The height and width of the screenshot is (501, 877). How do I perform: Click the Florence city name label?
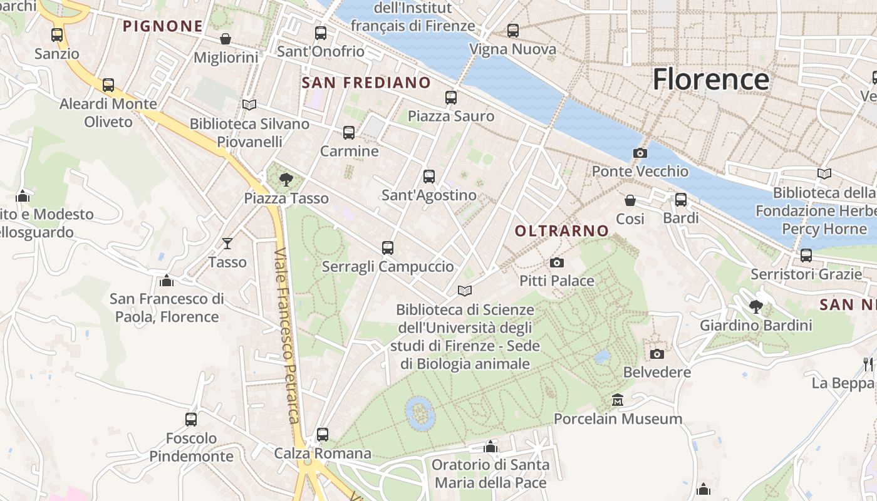[x=710, y=80]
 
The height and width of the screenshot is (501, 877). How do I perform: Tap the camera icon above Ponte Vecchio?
[x=640, y=153]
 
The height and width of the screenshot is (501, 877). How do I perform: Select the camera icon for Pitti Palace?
[x=556, y=263]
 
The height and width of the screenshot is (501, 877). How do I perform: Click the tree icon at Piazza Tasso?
[x=286, y=180]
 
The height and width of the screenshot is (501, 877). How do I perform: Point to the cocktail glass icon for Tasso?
[x=227, y=243]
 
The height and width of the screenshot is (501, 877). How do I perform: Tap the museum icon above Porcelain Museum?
[x=618, y=400]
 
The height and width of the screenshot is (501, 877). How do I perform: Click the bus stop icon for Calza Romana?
[x=323, y=434]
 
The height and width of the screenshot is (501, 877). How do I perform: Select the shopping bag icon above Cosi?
[x=630, y=200]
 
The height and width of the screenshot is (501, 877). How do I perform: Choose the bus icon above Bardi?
[x=681, y=200]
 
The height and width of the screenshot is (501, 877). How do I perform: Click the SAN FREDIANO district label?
[x=366, y=83]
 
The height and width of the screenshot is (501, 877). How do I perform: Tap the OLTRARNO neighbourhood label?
[x=562, y=231]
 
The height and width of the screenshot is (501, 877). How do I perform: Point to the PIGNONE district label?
[x=163, y=26]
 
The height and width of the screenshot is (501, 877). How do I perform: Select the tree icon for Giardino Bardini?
[x=756, y=307]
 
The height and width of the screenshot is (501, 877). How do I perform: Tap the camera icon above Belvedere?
[x=656, y=354]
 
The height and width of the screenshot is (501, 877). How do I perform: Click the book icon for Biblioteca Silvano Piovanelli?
[x=249, y=105]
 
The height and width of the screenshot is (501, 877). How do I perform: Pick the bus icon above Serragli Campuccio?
[x=388, y=248]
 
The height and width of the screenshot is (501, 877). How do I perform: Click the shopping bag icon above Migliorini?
[x=226, y=39]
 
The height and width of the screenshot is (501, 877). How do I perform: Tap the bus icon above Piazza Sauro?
[x=451, y=98]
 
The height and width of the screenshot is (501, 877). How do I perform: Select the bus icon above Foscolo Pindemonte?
[x=191, y=419]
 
